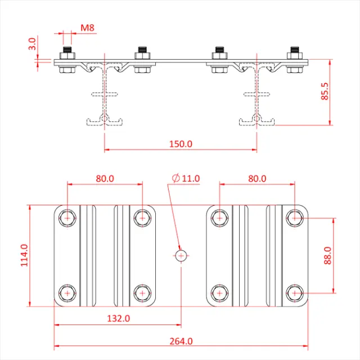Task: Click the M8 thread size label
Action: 87,27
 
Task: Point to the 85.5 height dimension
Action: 325,91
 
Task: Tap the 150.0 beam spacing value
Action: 181,143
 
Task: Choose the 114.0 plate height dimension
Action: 24,255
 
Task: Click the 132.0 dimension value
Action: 119,318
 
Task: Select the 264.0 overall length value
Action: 181,340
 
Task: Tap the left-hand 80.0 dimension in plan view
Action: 105,178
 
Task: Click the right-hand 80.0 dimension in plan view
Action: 256,178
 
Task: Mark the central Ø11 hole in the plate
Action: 181,255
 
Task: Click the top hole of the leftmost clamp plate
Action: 67,217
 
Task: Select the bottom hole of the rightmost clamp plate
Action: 294,293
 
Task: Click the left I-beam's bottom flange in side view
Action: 105,120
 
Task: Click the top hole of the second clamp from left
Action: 142,217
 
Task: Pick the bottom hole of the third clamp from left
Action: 219,293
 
